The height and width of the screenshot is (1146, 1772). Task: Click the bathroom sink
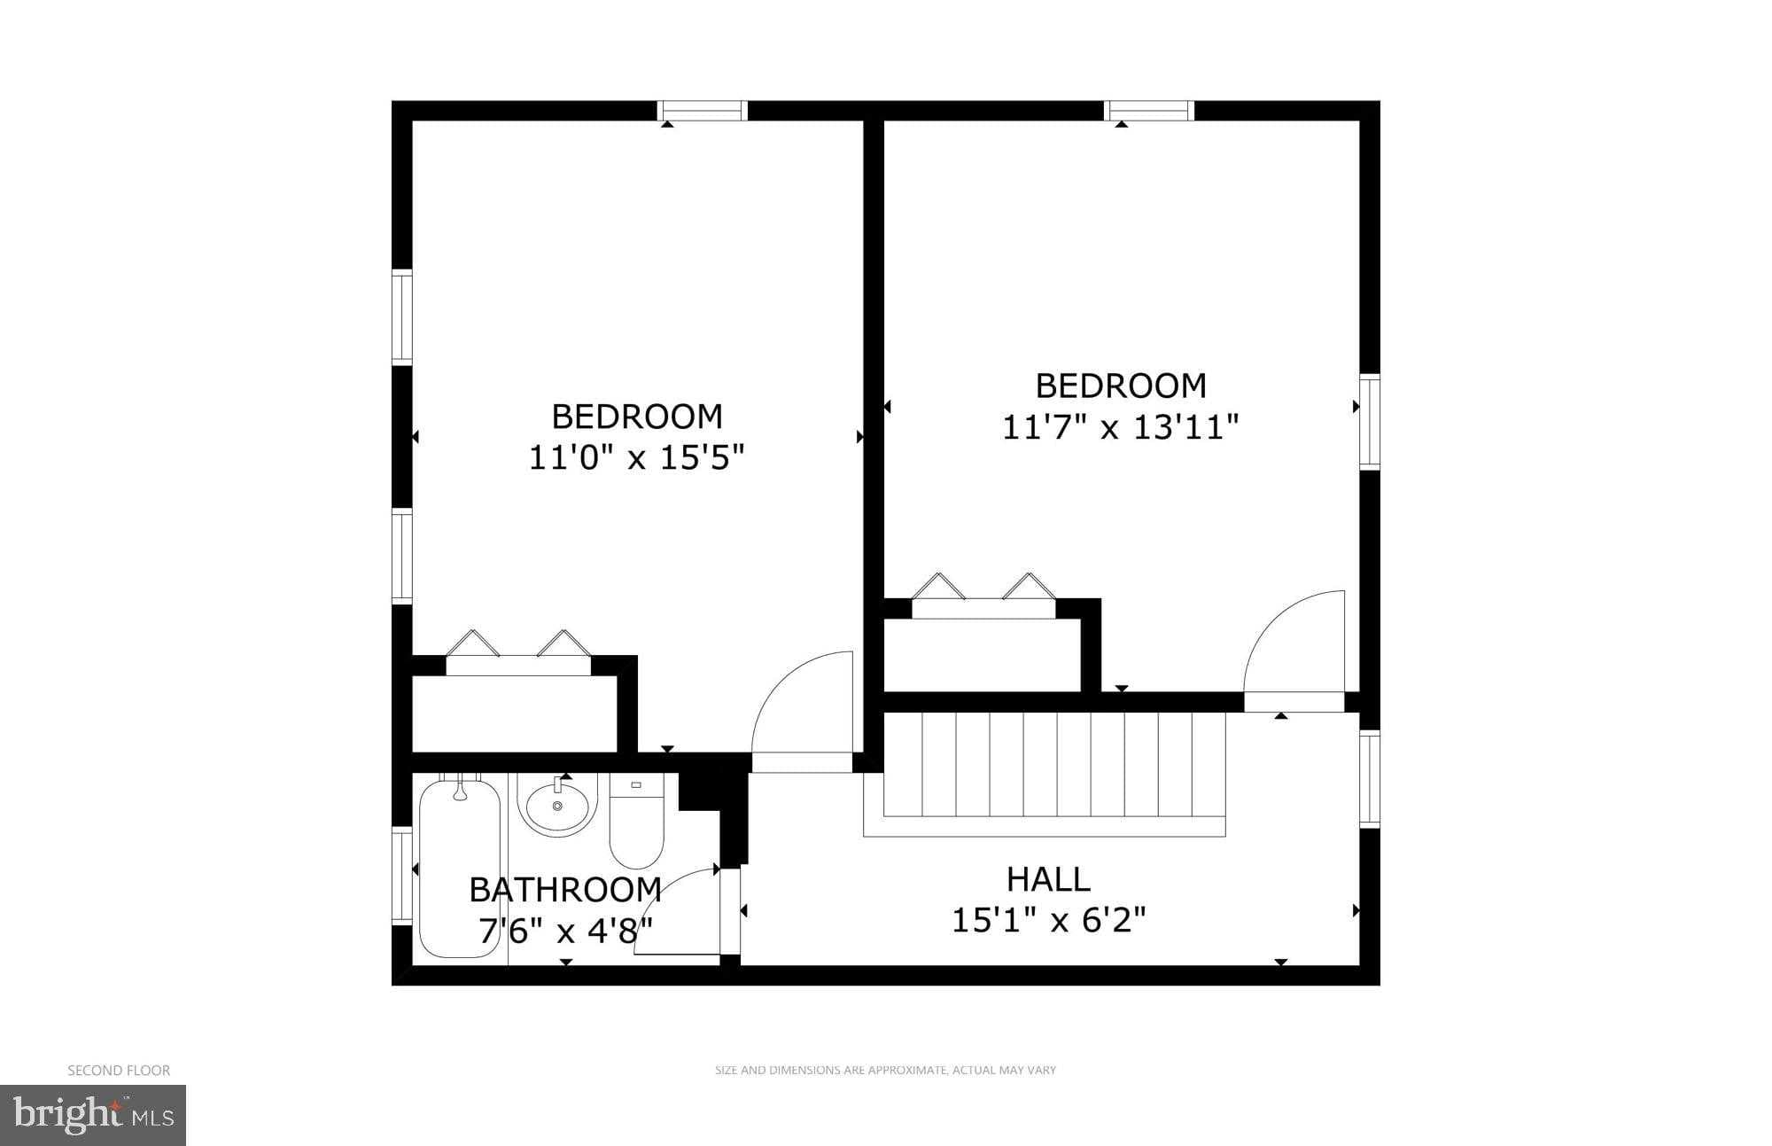pos(557,806)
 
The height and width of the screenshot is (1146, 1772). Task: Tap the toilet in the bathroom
pos(636,824)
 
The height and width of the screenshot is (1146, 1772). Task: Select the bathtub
pos(460,868)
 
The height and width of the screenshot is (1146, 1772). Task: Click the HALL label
pos(1048,879)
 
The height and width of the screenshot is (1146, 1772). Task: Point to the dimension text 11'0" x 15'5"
pos(636,458)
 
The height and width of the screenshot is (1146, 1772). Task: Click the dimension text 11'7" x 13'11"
pos(1120,428)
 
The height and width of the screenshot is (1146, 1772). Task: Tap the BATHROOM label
pos(565,889)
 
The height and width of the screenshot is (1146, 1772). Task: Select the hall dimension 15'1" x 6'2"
pos(1048,921)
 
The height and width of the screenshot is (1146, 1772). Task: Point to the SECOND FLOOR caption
pos(119,1071)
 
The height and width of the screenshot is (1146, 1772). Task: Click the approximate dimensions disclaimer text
pos(885,1071)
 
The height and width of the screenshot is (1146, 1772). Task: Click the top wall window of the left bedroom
pos(702,111)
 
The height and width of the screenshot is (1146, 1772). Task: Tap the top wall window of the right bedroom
pos(1149,111)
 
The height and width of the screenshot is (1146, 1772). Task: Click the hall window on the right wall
pos(1370,778)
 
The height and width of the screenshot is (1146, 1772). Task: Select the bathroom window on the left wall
pos(402,876)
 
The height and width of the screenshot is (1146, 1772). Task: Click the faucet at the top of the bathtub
pos(460,788)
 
